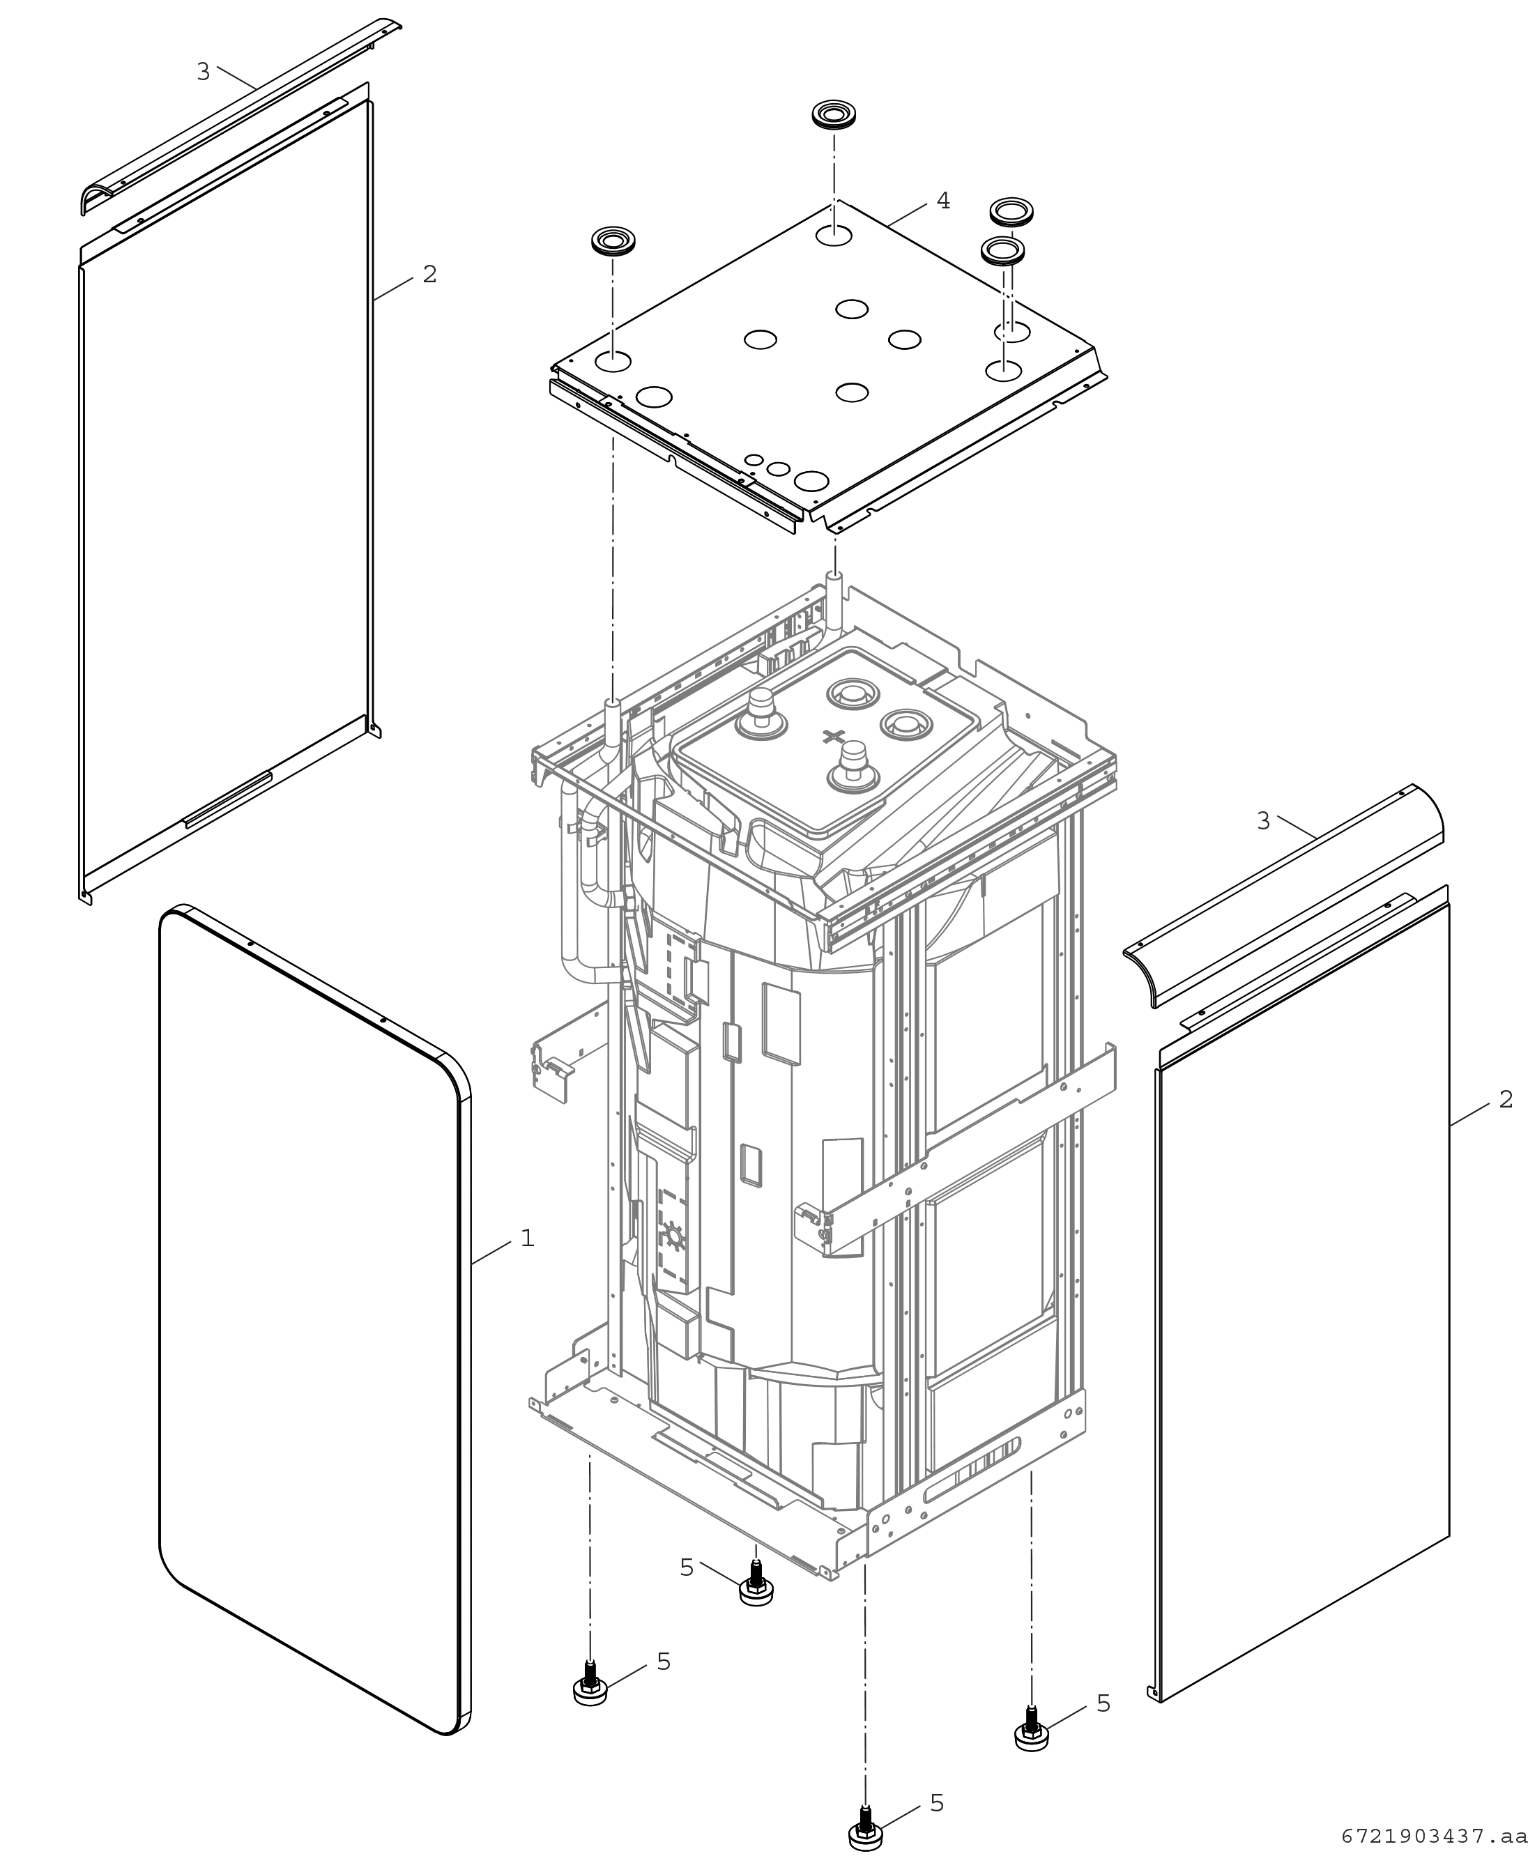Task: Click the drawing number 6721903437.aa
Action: click(1434, 1836)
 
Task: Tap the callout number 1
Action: click(527, 1238)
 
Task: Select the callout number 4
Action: click(942, 201)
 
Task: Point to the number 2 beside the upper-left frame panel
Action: click(429, 275)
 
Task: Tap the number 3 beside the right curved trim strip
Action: click(1263, 821)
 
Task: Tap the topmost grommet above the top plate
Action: click(834, 115)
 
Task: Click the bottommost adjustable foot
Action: click(865, 1825)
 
